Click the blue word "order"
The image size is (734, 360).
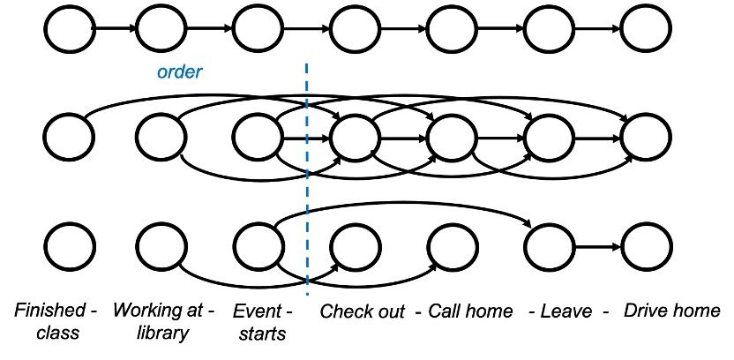(180, 72)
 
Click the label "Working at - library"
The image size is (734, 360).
(163, 321)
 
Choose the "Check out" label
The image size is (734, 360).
(362, 311)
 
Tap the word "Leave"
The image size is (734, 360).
(565, 311)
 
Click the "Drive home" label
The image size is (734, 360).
(672, 311)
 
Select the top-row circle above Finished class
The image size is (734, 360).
(70, 29)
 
